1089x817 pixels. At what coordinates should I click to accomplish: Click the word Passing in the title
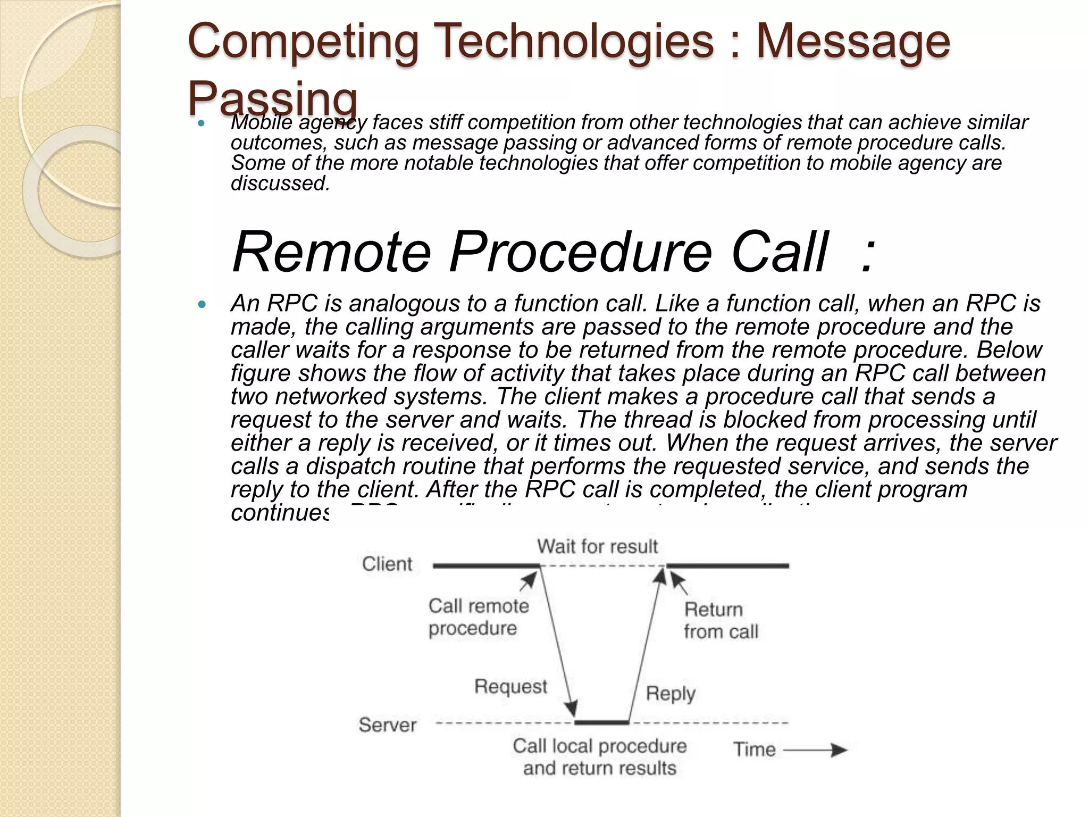click(272, 98)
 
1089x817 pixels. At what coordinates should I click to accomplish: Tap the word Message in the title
click(853, 41)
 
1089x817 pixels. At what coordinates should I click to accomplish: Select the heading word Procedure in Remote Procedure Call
click(581, 252)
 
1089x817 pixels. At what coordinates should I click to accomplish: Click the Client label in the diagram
click(387, 564)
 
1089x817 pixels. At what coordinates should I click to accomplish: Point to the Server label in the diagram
click(387, 725)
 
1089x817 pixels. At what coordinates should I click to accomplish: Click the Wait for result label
click(597, 546)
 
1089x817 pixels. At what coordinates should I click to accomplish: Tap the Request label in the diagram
click(510, 686)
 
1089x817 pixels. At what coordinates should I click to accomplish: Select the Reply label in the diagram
click(671, 694)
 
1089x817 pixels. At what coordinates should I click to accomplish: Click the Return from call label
click(721, 620)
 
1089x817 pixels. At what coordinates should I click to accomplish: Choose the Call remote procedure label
click(478, 617)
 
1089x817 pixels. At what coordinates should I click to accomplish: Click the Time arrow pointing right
click(816, 750)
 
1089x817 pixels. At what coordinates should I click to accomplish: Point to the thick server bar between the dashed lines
click(602, 722)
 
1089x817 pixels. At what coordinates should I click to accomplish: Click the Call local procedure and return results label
click(600, 757)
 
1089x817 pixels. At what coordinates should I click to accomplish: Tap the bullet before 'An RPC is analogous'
click(201, 305)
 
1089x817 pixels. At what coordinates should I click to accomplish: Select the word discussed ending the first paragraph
click(280, 184)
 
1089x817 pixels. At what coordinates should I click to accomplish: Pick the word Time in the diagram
click(755, 749)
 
